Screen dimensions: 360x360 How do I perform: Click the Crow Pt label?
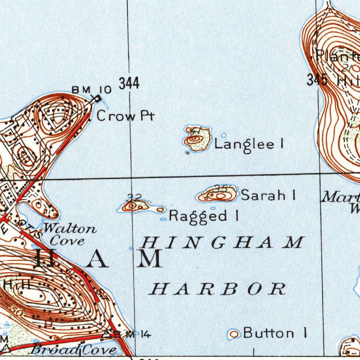[125, 116]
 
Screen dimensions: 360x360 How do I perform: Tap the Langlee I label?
[249, 144]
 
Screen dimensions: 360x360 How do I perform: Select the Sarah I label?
[268, 195]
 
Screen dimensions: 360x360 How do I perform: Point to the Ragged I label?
[204, 216]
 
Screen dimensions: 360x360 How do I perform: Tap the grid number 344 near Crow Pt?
[129, 84]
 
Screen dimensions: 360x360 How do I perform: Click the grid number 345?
[317, 80]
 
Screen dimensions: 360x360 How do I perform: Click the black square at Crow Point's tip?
[98, 99]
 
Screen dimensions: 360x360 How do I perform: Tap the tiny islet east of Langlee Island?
[224, 135]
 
